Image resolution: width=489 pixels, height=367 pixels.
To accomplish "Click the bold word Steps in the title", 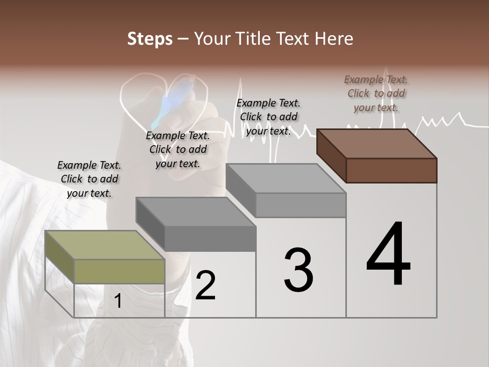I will pyautogui.click(x=150, y=39).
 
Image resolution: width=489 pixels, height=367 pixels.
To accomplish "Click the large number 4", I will pyautogui.click(x=389, y=254).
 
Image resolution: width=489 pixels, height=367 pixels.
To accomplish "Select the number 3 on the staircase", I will pyautogui.click(x=298, y=270).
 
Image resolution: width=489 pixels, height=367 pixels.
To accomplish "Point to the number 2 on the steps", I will pyautogui.click(x=205, y=285).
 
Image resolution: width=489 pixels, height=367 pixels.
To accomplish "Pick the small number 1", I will pyautogui.click(x=118, y=301).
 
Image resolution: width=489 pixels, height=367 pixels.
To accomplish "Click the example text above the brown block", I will pyautogui.click(x=376, y=93).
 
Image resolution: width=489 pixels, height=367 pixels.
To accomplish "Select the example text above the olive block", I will pyautogui.click(x=89, y=179).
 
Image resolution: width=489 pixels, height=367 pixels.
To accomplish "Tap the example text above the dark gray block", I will pyautogui.click(x=178, y=149).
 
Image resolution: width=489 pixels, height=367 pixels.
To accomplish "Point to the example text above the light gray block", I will pyautogui.click(x=268, y=117).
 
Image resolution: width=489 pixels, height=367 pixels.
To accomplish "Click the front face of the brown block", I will pyautogui.click(x=391, y=170).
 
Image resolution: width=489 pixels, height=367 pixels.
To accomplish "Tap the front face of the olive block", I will pyautogui.click(x=119, y=271).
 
